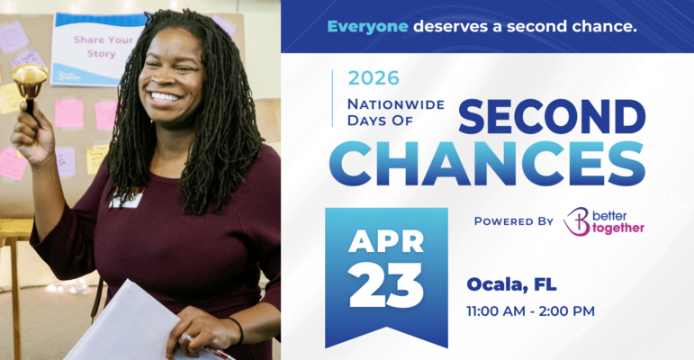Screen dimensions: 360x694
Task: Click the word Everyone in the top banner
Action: [367, 26]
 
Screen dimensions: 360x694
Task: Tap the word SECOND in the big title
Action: [553, 117]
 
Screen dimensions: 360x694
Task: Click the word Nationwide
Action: [396, 103]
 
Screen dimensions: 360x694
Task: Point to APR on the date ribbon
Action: [386, 242]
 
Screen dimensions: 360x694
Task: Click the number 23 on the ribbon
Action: [386, 286]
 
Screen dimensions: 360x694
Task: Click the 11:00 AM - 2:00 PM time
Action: [530, 311]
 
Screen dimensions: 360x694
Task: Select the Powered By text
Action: [513, 220]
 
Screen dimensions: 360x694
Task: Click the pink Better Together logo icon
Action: [577, 221]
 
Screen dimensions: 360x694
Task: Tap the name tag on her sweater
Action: [127, 199]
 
